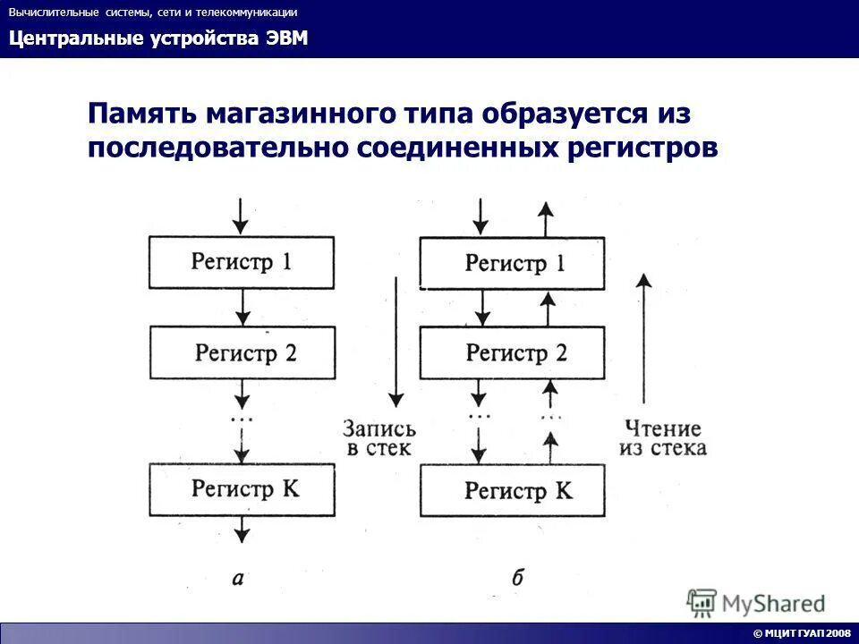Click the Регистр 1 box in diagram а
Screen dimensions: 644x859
[x=242, y=262]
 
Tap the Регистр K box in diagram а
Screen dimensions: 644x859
[x=242, y=488]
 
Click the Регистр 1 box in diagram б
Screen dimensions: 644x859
[x=513, y=262]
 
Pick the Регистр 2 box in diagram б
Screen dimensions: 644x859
[x=513, y=352]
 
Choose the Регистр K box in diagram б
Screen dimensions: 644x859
[x=513, y=490]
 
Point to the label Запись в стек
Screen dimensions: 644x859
[x=378, y=438]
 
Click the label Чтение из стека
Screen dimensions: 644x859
[x=662, y=438]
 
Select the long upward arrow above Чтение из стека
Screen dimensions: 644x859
[x=642, y=340]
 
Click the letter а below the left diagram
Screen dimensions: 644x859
[x=238, y=578]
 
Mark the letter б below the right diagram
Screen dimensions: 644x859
[x=517, y=578]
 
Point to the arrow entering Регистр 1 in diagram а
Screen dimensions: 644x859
[x=240, y=215]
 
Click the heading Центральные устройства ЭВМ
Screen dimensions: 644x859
[x=158, y=39]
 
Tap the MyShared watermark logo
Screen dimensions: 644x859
[x=756, y=603]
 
